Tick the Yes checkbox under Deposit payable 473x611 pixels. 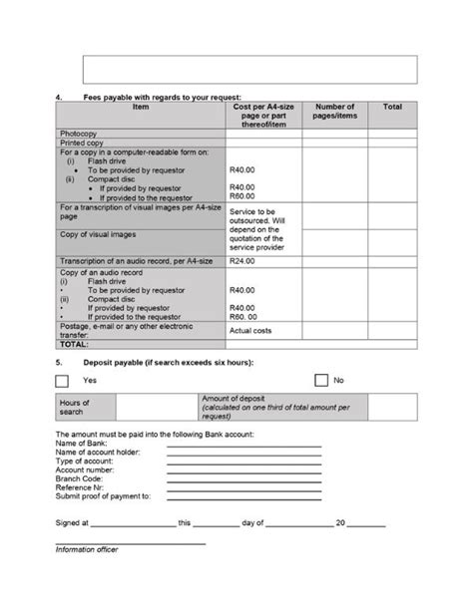[62, 381]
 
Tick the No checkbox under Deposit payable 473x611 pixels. [321, 380]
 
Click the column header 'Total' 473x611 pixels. [392, 106]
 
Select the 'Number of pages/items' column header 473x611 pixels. [334, 111]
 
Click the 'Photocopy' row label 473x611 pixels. [78, 133]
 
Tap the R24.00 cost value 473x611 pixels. [242, 261]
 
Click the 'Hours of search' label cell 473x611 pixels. [76, 407]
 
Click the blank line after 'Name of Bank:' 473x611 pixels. [243, 445]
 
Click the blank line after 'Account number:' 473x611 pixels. [243, 469]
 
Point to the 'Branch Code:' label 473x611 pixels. [79, 478]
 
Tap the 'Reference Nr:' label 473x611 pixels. [80, 487]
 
